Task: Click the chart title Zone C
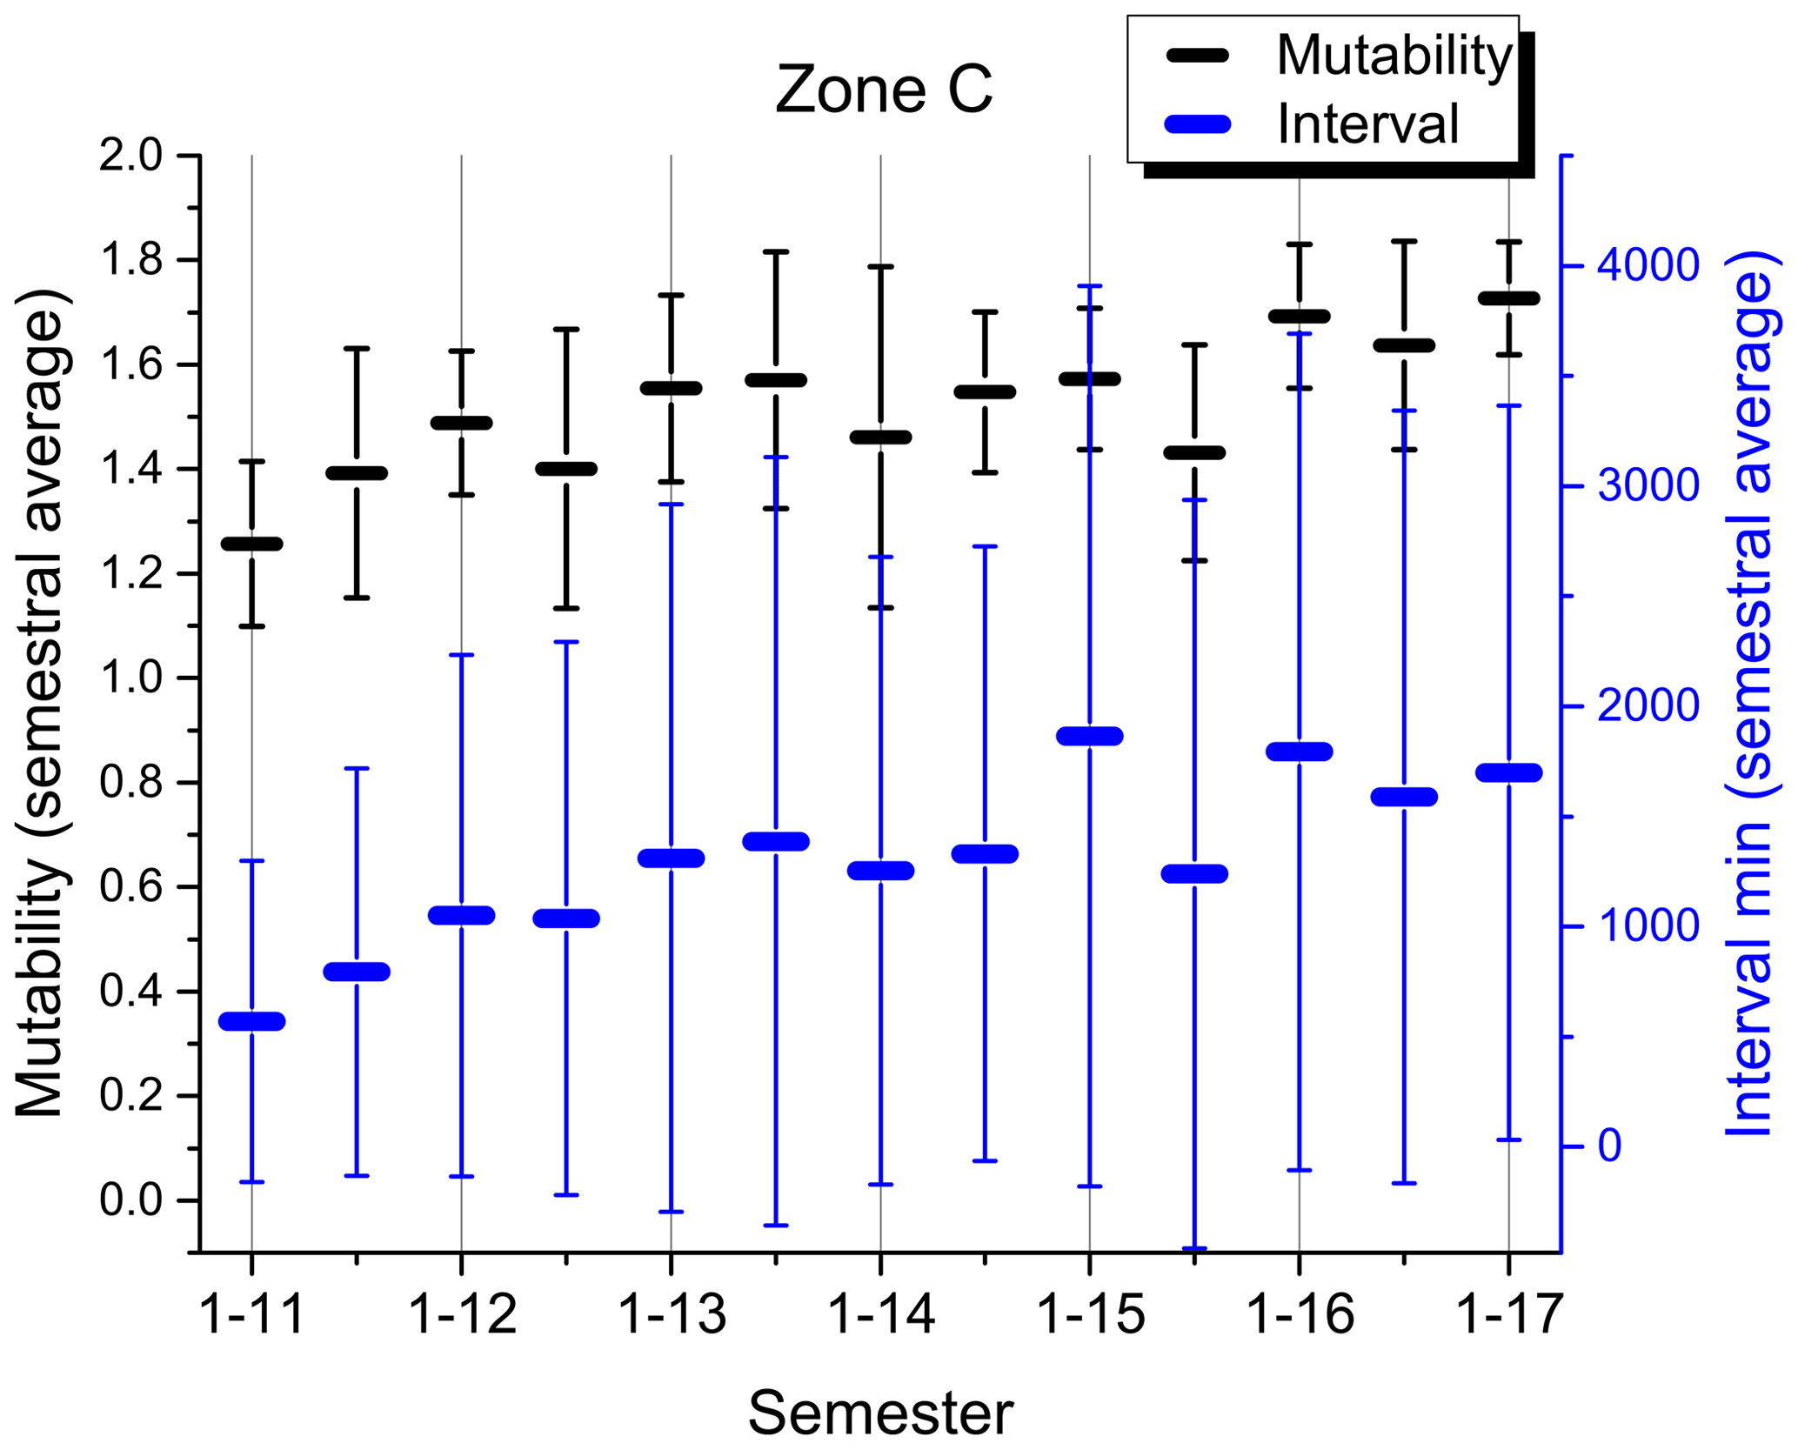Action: (x=883, y=90)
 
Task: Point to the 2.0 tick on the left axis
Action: (x=130, y=157)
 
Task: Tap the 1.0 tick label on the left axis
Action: (x=130, y=678)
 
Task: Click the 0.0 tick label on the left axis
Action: (x=130, y=1200)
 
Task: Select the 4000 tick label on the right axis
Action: (x=1648, y=265)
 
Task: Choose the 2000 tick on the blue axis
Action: (x=1648, y=706)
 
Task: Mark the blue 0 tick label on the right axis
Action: (x=1610, y=1146)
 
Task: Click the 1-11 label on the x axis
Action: (x=252, y=1313)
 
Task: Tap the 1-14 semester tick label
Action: (x=881, y=1313)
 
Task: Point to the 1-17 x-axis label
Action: (x=1509, y=1313)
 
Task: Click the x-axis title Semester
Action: (x=880, y=1413)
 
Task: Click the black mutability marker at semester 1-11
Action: (x=252, y=544)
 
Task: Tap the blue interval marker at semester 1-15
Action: (x=1090, y=736)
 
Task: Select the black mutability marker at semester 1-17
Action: (x=1509, y=298)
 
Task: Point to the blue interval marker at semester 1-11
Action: (x=252, y=1021)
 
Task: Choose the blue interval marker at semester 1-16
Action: (x=1300, y=752)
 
